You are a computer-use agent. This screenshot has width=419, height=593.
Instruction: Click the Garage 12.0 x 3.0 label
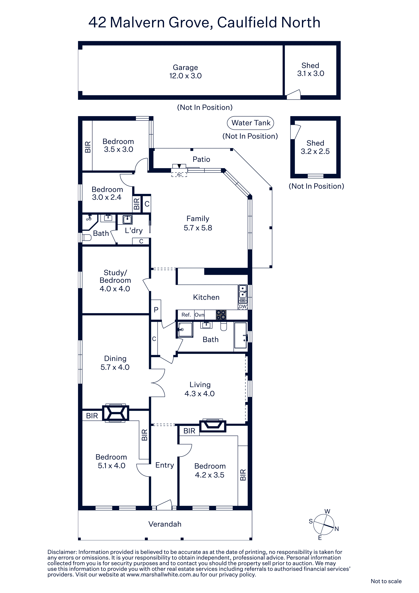click(185, 72)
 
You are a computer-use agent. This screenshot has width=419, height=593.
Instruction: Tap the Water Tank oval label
click(250, 123)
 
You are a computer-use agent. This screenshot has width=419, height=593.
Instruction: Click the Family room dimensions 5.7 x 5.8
click(198, 228)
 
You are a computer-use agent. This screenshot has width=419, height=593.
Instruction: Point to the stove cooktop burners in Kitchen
click(221, 315)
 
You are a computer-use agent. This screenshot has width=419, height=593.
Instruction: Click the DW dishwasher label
click(243, 307)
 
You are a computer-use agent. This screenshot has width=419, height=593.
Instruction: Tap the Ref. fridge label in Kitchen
click(186, 315)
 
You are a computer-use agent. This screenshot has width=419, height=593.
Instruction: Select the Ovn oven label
click(199, 315)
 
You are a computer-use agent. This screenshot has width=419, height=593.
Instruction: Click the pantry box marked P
click(156, 310)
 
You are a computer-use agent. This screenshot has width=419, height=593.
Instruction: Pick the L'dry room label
click(134, 230)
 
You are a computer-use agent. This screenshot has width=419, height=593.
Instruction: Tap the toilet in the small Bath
click(87, 237)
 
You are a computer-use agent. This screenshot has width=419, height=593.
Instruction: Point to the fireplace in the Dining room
click(115, 413)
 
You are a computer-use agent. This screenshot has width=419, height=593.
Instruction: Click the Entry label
click(165, 465)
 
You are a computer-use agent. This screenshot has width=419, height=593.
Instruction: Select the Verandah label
click(165, 524)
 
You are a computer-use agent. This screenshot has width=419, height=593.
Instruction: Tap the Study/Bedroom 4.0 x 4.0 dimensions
click(115, 289)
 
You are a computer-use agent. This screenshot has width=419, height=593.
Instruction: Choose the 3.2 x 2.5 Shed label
click(315, 147)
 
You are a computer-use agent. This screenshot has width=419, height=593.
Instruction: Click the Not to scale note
click(386, 581)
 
